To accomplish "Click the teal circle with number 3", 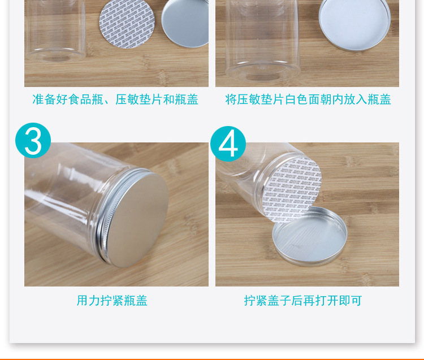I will [x=33, y=141].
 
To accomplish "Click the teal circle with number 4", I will [x=228, y=144].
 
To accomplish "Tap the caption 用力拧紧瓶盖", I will [x=112, y=301].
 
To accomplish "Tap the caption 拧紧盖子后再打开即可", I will [x=302, y=301].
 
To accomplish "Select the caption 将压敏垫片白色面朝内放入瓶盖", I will [x=308, y=100].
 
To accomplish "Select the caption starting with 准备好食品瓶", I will [x=115, y=100].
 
